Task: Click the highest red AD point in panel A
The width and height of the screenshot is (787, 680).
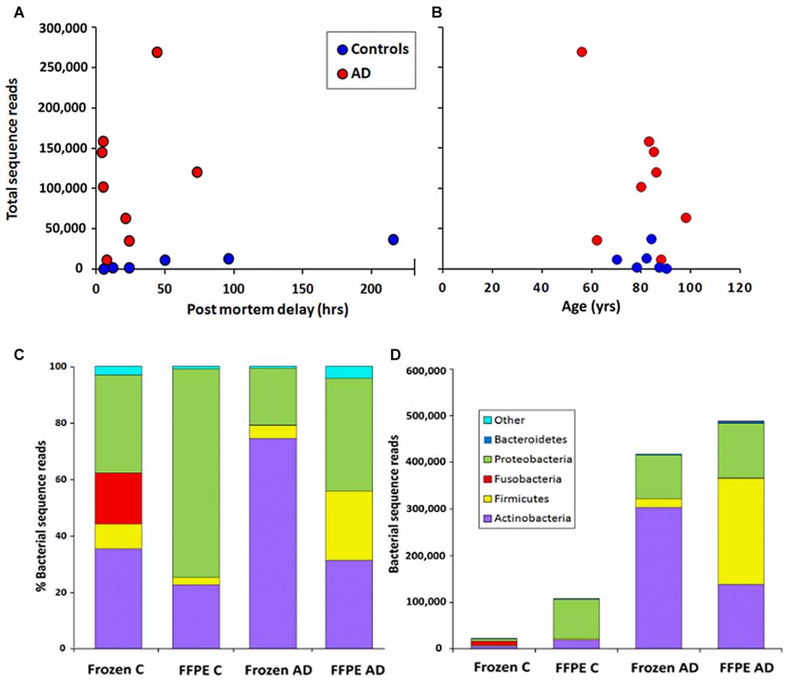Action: click(157, 52)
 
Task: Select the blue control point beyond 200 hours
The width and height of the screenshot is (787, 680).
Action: click(393, 240)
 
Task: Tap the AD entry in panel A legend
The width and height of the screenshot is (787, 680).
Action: click(361, 73)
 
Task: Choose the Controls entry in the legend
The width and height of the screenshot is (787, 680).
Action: click(380, 49)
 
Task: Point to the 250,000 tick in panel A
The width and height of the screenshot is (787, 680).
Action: click(64, 67)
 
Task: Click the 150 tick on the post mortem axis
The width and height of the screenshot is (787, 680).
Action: click(303, 289)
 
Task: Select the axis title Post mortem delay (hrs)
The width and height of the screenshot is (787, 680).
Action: click(267, 309)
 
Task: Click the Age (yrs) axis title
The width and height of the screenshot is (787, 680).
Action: click(591, 306)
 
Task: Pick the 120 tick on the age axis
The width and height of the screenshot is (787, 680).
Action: click(740, 287)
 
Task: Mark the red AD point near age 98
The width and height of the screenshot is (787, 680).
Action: click(685, 218)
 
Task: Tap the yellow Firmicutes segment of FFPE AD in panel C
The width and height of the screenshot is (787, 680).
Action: click(349, 526)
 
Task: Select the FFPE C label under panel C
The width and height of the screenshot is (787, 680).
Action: click(200, 670)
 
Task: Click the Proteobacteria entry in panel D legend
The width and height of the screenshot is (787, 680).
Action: click(533, 459)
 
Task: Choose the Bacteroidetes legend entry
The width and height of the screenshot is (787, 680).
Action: click(530, 440)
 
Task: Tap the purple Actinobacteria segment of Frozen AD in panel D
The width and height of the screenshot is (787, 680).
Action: click(658, 578)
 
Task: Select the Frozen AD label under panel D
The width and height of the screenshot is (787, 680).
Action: click(664, 667)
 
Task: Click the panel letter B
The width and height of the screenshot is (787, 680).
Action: click(437, 13)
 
